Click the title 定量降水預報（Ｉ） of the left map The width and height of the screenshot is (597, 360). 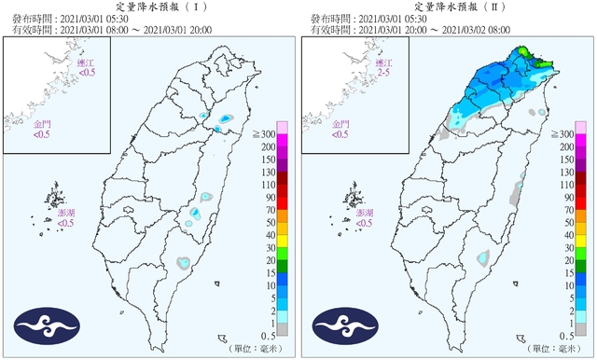click(x=148, y=7)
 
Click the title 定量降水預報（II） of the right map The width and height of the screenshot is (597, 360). click(x=448, y=7)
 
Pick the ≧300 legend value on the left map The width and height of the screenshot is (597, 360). click(x=265, y=135)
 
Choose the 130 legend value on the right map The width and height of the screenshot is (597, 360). click(x=565, y=172)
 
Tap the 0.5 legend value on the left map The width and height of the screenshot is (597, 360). click(x=268, y=334)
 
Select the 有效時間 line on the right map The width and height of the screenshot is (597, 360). click(x=421, y=30)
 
